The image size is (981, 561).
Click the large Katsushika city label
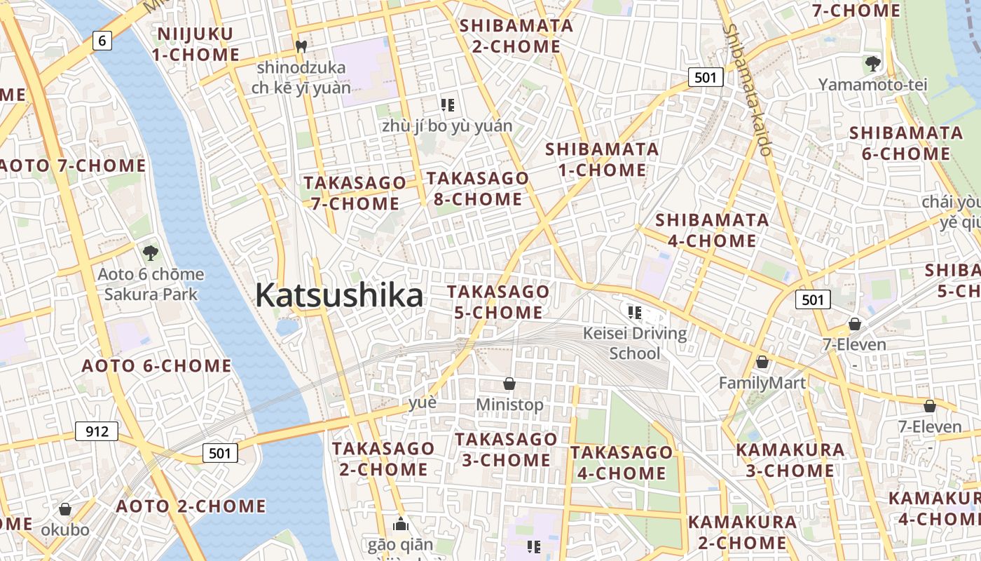click(x=339, y=295)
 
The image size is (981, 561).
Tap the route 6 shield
click(x=102, y=41)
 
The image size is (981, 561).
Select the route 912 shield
click(x=97, y=431)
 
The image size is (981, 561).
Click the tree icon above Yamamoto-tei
click(x=872, y=65)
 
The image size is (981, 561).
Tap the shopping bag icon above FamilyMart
click(x=762, y=363)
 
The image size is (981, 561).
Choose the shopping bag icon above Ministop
click(x=509, y=384)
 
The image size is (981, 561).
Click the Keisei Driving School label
click(x=635, y=342)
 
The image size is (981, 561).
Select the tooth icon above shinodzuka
click(x=301, y=47)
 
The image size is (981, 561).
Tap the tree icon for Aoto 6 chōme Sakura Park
click(x=150, y=252)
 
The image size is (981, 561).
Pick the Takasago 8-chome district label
click(x=478, y=189)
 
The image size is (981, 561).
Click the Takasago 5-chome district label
click(x=498, y=302)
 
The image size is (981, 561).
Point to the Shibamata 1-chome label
click(x=602, y=159)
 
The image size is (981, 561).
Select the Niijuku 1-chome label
click(x=195, y=44)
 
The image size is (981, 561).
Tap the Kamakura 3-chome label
click(x=790, y=459)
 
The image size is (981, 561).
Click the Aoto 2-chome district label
click(x=191, y=506)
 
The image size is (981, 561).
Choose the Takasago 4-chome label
click(x=622, y=463)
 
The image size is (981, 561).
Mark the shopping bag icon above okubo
click(x=65, y=509)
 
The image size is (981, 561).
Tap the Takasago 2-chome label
click(x=383, y=459)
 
